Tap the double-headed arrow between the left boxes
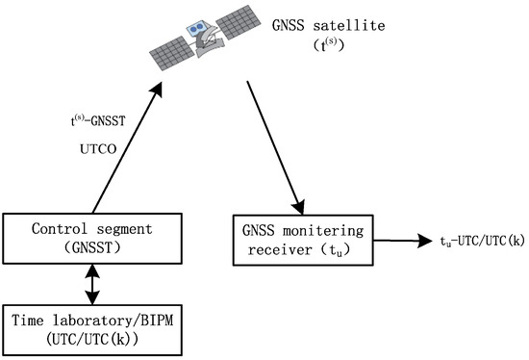tap(92, 282)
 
